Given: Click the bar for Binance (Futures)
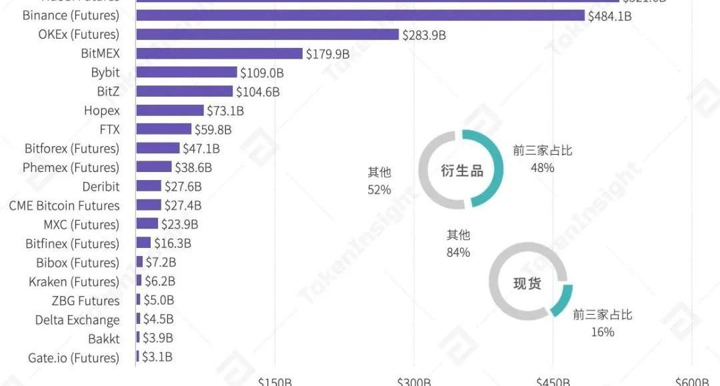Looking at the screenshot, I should click(x=360, y=15).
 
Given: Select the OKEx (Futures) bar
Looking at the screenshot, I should click(x=267, y=35).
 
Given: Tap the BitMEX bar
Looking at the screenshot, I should click(x=219, y=53).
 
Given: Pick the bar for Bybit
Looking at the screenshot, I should click(x=187, y=73).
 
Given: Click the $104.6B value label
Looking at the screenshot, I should click(x=258, y=92).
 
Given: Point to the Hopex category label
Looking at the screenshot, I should click(x=102, y=111).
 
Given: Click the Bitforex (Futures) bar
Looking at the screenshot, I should click(x=158, y=148).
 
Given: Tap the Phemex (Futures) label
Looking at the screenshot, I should click(x=71, y=167).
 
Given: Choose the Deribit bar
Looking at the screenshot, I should click(x=149, y=186).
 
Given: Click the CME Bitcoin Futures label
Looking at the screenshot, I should click(x=64, y=205).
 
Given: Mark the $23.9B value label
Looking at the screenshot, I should click(x=179, y=225).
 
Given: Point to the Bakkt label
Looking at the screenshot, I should click(x=104, y=339).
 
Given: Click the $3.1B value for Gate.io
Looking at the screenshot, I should click(x=157, y=357).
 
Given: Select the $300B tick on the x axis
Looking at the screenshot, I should click(x=414, y=381).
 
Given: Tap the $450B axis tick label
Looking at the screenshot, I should click(x=553, y=381).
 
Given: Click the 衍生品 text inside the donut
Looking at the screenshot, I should click(x=462, y=171).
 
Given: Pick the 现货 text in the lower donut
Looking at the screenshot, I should click(x=527, y=284).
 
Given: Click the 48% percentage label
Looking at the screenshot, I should click(x=542, y=167).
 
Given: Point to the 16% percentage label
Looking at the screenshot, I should click(x=602, y=331).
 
